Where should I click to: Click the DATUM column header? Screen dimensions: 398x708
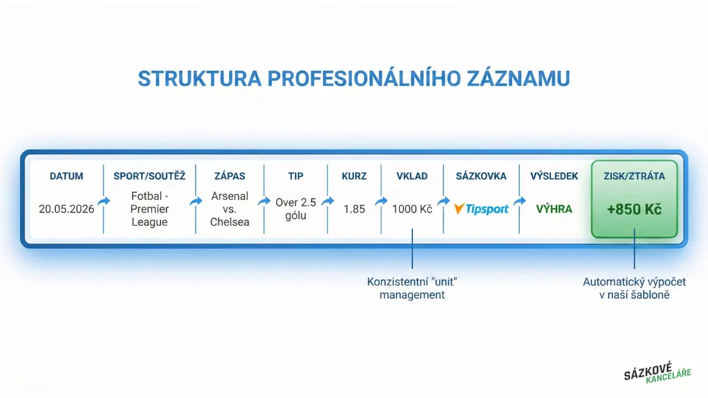[66, 176]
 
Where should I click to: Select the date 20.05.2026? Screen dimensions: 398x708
[66, 209]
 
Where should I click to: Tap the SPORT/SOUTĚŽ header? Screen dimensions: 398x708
[149, 176]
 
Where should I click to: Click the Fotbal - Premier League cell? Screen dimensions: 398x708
[149, 209]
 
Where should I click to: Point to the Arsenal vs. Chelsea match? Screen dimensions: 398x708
[230, 209]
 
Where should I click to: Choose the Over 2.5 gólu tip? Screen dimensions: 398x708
[296, 209]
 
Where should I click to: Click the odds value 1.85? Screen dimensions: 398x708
[354, 209]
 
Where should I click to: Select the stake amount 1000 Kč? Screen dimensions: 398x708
[412, 209]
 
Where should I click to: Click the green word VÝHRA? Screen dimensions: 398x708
[554, 209]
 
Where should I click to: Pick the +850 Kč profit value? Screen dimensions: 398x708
[634, 210]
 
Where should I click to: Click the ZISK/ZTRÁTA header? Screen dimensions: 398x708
[634, 176]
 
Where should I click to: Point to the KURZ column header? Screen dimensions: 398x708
[354, 176]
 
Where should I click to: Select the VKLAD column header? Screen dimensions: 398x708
[412, 176]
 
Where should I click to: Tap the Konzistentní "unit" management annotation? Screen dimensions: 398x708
[412, 288]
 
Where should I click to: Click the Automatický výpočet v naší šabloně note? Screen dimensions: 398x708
[634, 288]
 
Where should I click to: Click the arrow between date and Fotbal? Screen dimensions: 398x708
[103, 202]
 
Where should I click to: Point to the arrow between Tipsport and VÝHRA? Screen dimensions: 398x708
[520, 202]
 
